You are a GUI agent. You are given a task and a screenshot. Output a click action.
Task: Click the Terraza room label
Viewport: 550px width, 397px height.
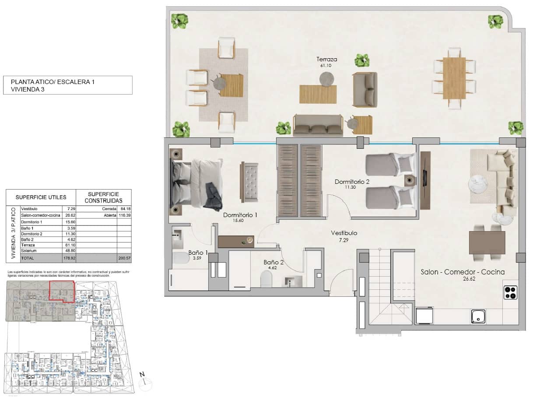[327, 59]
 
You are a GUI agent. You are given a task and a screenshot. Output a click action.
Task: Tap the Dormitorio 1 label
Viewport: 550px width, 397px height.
[240, 215]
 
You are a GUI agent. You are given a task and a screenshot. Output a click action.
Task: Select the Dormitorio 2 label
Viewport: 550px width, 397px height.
[352, 181]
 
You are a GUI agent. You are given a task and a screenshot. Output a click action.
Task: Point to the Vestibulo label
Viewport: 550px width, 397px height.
[344, 233]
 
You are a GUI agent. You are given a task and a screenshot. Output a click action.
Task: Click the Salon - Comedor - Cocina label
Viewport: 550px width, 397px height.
[462, 272]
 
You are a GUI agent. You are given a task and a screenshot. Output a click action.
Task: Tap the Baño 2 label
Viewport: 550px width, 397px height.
[273, 263]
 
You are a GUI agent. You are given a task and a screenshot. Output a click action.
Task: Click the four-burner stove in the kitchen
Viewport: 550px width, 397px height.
[510, 292]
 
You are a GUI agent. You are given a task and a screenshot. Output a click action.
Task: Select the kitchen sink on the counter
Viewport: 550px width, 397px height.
[478, 316]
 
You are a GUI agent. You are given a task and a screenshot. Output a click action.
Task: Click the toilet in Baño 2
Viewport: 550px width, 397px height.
[266, 279]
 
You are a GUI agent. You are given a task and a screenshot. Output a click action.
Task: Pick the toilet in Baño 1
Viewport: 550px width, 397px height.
[181, 258]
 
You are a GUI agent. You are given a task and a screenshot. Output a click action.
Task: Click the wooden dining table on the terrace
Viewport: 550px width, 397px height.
[454, 78]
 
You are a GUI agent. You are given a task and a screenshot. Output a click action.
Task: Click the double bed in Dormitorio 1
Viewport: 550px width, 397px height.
[196, 183]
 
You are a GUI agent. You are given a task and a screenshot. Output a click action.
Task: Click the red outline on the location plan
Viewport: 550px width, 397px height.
[61, 292]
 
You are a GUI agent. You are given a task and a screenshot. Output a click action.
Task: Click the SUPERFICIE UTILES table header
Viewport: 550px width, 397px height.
[41, 197]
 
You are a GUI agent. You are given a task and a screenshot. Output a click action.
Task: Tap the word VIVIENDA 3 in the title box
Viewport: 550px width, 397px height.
[28, 89]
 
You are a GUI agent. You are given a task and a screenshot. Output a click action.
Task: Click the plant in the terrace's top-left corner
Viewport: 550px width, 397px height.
[179, 21]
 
